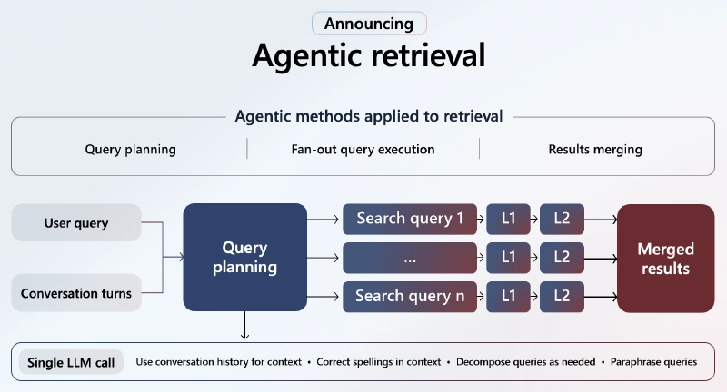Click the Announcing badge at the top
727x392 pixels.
click(x=368, y=24)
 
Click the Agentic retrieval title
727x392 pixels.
click(x=368, y=55)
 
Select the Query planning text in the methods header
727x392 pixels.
click(x=130, y=149)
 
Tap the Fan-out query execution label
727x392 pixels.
click(x=363, y=149)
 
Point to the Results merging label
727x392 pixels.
click(x=594, y=149)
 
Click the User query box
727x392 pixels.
click(x=77, y=223)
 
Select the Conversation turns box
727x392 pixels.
click(x=77, y=293)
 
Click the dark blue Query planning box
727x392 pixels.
click(x=244, y=258)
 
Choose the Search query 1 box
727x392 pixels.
click(x=410, y=219)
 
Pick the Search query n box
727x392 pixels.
click(x=410, y=296)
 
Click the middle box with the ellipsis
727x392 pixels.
click(x=410, y=258)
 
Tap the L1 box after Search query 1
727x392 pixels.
click(x=509, y=219)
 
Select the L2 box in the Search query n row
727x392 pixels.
click(x=562, y=296)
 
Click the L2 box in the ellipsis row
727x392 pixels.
click(x=562, y=258)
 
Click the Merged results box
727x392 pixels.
click(x=665, y=258)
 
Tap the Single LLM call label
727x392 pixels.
click(x=70, y=362)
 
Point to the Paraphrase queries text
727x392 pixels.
click(x=653, y=362)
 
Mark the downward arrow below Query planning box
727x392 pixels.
click(x=244, y=327)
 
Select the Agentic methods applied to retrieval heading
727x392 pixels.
click(x=368, y=116)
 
